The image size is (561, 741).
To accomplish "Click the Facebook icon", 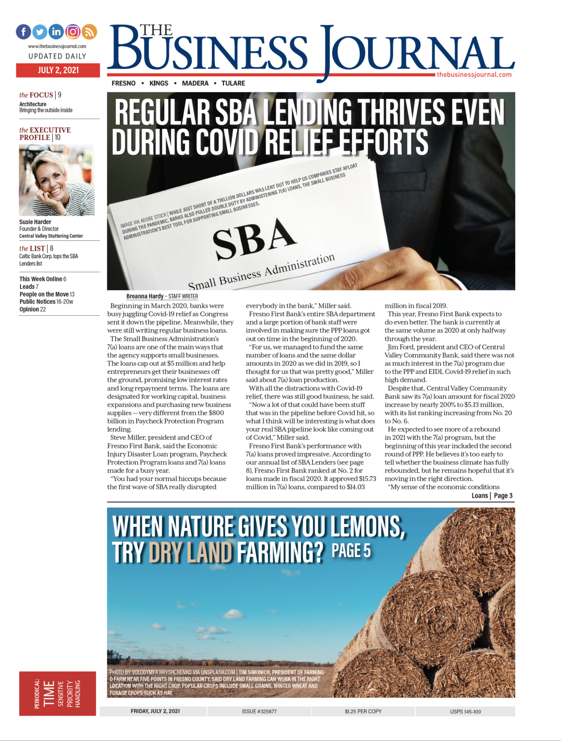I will click(23, 32).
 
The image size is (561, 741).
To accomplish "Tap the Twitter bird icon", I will click(40, 32).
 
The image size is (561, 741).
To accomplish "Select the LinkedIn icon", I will click(56, 32).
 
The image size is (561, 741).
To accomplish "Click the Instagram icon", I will click(72, 32).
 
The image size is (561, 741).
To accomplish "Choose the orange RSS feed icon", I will click(89, 32).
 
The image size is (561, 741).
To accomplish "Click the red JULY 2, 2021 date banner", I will click(58, 70).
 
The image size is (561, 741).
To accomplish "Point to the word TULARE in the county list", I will click(233, 83).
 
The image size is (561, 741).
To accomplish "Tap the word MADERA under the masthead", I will click(195, 83).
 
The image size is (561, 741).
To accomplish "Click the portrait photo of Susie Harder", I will click(57, 180).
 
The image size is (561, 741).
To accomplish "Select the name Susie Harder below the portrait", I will click(35, 222).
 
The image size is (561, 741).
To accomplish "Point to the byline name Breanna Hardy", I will click(144, 296).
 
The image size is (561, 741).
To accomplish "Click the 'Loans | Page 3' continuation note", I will click(492, 495).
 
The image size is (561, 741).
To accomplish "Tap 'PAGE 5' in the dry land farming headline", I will click(351, 551).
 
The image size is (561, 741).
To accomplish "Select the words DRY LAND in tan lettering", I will click(190, 552).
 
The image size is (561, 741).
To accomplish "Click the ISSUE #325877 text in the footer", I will click(259, 711).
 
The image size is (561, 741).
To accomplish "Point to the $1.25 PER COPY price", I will click(363, 711).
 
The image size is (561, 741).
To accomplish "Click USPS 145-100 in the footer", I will click(465, 712).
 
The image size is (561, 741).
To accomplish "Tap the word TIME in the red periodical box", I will click(49, 694).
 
